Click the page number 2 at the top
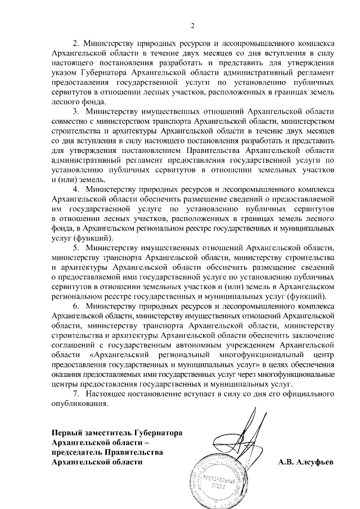(x=192, y=25)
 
